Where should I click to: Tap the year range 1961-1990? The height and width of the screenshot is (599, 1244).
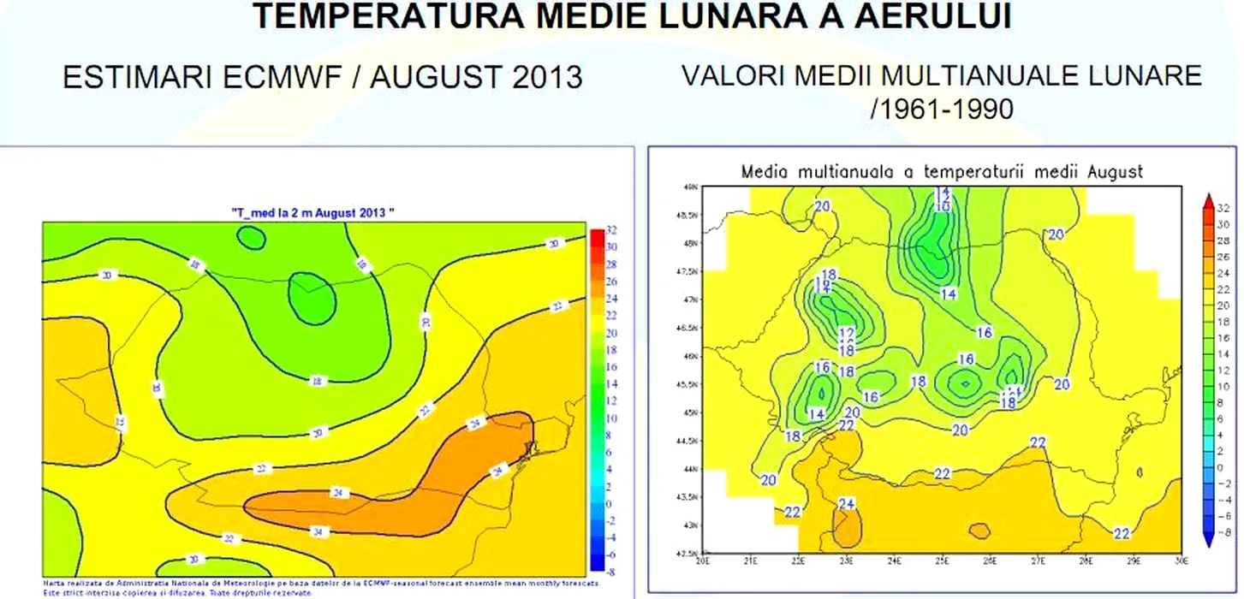click(x=941, y=109)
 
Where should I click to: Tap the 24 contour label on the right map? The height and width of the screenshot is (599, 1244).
click(x=847, y=504)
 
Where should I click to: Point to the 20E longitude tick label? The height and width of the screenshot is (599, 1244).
click(x=705, y=561)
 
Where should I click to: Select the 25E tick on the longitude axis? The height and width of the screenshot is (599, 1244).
click(x=943, y=561)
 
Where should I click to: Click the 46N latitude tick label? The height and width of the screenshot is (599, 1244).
click(x=690, y=355)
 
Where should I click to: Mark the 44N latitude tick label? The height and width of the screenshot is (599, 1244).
click(x=690, y=468)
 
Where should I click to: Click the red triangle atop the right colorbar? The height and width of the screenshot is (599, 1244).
click(x=1206, y=200)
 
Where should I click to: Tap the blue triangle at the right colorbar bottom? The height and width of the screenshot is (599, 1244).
click(x=1206, y=538)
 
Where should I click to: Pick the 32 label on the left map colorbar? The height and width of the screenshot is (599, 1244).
click(x=612, y=230)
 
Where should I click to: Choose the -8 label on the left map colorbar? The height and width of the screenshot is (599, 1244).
click(x=612, y=572)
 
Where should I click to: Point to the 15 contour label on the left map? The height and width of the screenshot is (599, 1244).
click(x=121, y=423)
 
